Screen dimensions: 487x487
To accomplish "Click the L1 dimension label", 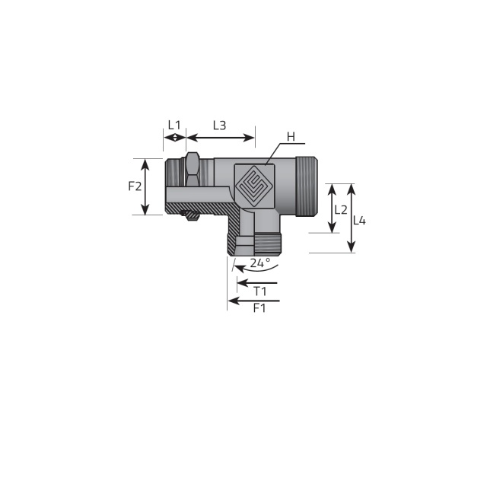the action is click(174, 125).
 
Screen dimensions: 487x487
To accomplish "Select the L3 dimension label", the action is click(219, 125).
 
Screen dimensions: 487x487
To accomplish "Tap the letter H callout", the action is click(291, 137).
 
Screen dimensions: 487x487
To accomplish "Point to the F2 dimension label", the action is click(135, 186).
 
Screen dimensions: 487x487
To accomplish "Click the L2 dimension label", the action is click(341, 210).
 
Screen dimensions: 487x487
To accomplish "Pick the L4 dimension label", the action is click(360, 221).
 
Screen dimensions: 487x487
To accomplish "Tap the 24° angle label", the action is click(260, 263).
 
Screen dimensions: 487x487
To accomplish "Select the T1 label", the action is click(260, 291).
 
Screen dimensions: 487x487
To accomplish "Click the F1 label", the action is click(259, 307).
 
